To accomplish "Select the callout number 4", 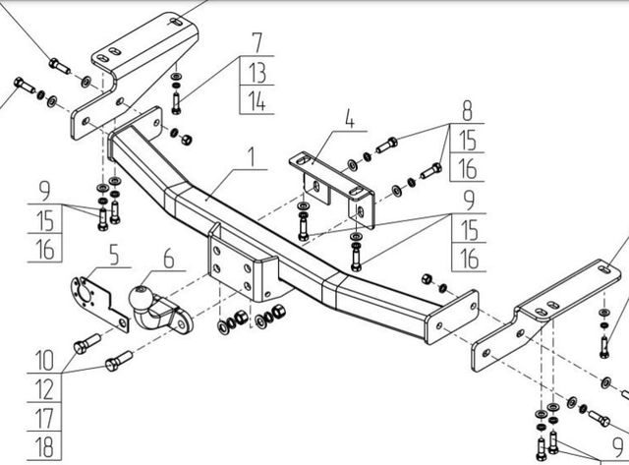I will click(x=348, y=124).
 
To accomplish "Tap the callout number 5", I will click(x=113, y=258).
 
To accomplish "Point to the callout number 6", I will click(x=167, y=259).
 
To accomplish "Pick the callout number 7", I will click(x=257, y=42).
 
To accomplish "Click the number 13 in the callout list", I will click(x=257, y=71).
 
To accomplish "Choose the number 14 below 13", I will click(x=257, y=99).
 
